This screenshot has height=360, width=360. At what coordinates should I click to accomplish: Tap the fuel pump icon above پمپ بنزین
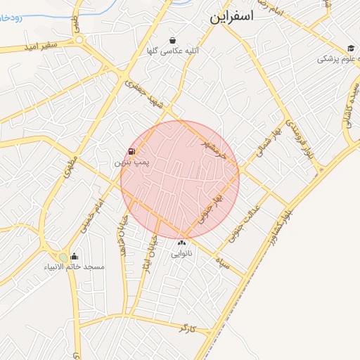132,152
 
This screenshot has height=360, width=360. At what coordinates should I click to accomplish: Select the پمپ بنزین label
131,162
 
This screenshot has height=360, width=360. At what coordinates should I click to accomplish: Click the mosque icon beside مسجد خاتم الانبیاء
75,257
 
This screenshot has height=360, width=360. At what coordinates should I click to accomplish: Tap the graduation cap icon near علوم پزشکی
350,48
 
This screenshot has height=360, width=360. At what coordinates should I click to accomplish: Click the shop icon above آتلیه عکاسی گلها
173,40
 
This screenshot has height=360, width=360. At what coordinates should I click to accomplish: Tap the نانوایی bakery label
181,253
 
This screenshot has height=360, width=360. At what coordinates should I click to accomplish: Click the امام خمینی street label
91,214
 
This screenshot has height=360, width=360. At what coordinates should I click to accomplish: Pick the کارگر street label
187,328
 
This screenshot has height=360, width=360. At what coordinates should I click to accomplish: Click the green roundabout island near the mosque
65,257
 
